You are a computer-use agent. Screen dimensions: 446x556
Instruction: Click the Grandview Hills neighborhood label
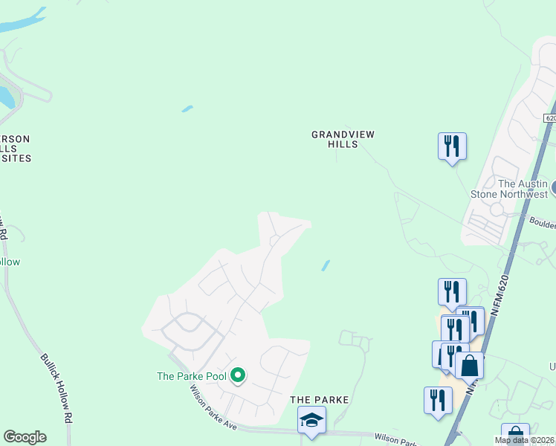(343, 139)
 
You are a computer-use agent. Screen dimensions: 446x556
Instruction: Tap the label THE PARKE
(319, 400)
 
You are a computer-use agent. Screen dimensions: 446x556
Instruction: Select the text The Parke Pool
(191, 376)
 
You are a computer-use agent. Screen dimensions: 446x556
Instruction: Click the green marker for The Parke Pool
(238, 375)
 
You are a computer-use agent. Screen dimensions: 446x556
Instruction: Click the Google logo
(25, 437)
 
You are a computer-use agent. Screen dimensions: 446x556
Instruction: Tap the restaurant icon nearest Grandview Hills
(452, 146)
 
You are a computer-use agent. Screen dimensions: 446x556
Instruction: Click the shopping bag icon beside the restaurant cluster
(469, 366)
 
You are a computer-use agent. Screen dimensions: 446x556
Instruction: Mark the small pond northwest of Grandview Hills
(187, 109)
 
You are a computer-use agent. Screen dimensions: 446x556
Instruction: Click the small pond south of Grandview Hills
(326, 265)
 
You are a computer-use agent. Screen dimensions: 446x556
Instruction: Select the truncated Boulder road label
(543, 222)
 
